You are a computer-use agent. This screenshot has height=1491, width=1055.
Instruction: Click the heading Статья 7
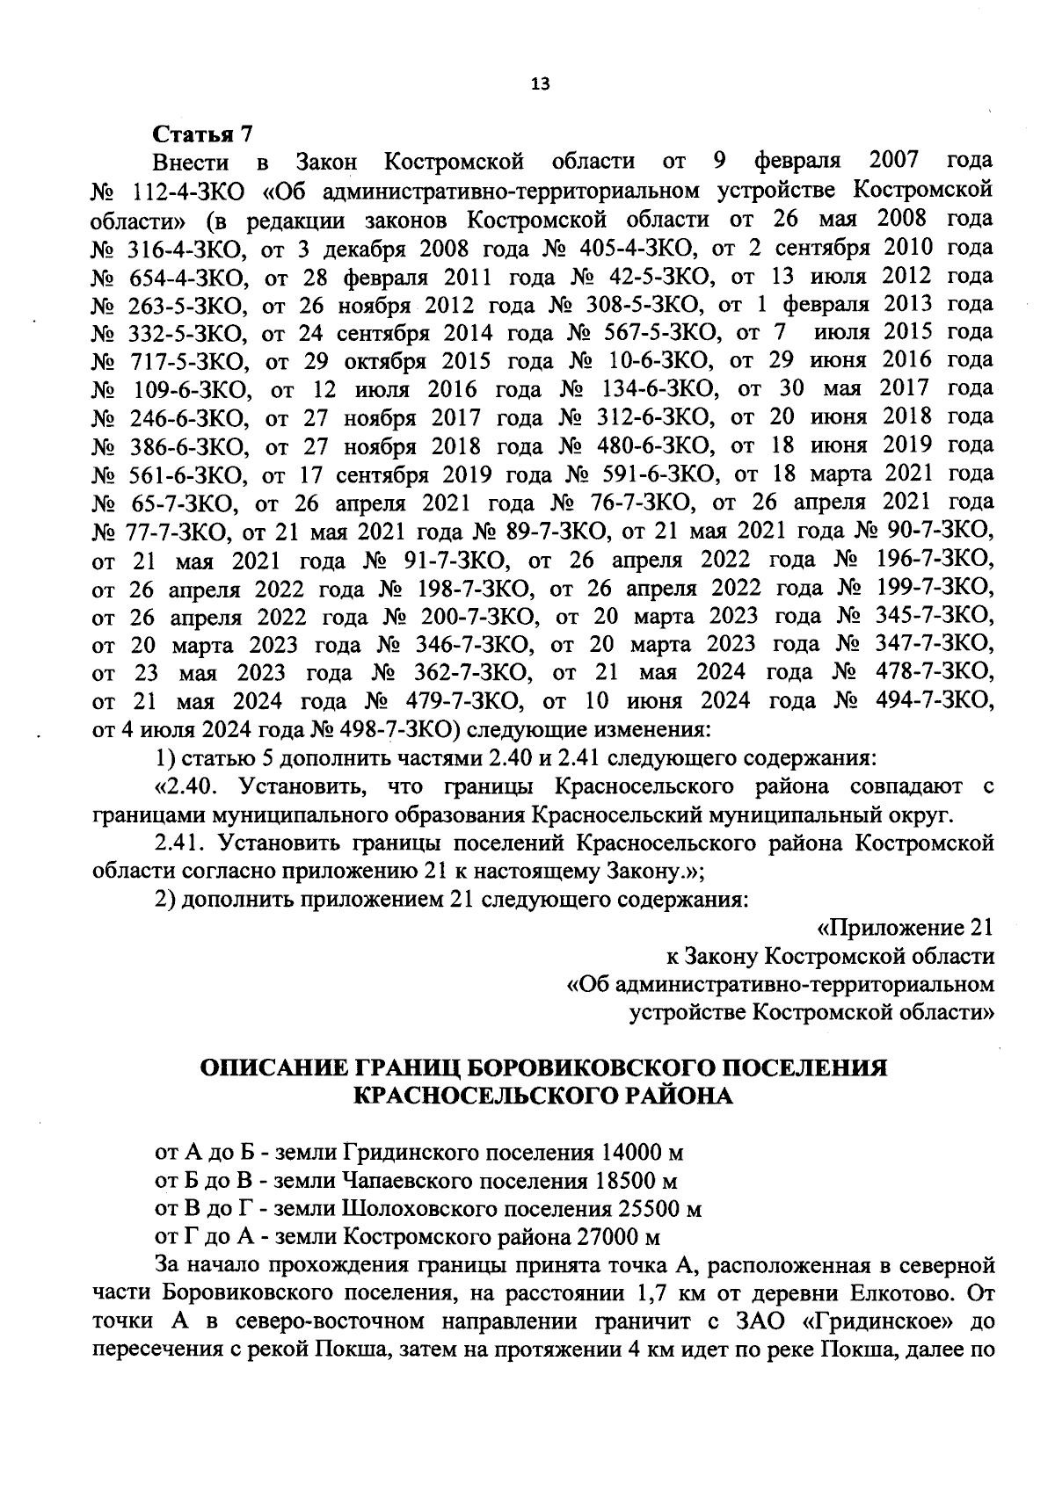click(x=203, y=134)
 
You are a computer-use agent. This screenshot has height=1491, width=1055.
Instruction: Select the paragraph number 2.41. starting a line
click(x=179, y=843)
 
